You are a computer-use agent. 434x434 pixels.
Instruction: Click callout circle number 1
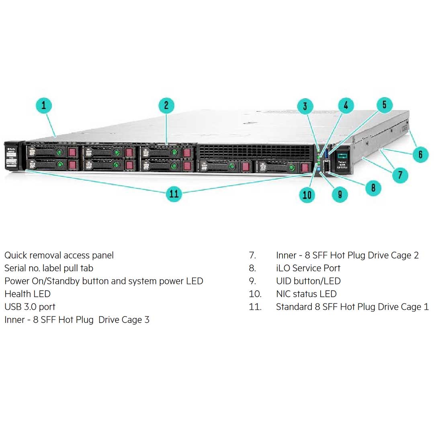click(x=44, y=106)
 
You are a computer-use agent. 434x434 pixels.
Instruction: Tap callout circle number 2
click(x=166, y=106)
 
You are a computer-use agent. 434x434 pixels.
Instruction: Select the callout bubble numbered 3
click(x=305, y=106)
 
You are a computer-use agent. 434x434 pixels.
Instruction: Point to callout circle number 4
click(x=346, y=106)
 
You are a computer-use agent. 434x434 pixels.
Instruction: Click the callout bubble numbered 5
click(x=384, y=105)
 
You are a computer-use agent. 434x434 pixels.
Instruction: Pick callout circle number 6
click(x=420, y=154)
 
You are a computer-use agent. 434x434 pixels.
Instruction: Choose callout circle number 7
click(x=400, y=175)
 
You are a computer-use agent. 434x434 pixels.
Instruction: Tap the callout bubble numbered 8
click(x=373, y=187)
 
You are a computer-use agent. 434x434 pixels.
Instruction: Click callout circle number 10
click(x=307, y=194)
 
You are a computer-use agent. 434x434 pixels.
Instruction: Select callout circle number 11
click(x=174, y=194)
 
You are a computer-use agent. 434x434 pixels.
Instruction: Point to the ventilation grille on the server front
click(x=255, y=151)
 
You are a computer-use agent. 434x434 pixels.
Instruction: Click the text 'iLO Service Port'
click(x=308, y=268)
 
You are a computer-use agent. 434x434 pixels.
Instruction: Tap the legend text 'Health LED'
click(x=27, y=294)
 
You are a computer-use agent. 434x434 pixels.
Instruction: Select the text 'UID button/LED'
click(x=308, y=281)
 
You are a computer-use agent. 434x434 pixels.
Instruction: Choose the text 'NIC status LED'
click(x=306, y=294)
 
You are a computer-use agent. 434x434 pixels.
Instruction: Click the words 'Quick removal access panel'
click(x=59, y=255)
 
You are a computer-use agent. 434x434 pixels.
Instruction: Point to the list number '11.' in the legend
click(x=255, y=307)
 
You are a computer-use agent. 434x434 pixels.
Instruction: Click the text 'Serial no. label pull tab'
click(x=49, y=268)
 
